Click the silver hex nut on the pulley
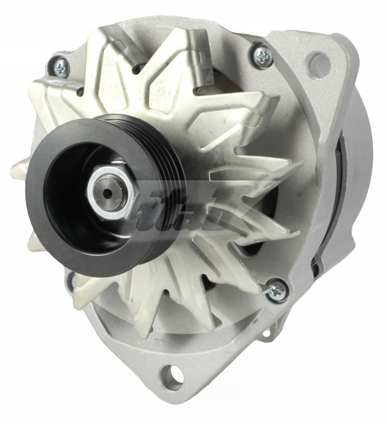[x=106, y=194]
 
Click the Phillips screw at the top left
[x=61, y=66]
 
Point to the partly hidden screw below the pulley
[x=73, y=281]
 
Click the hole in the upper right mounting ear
[x=318, y=65]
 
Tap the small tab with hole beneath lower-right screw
[x=269, y=329]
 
